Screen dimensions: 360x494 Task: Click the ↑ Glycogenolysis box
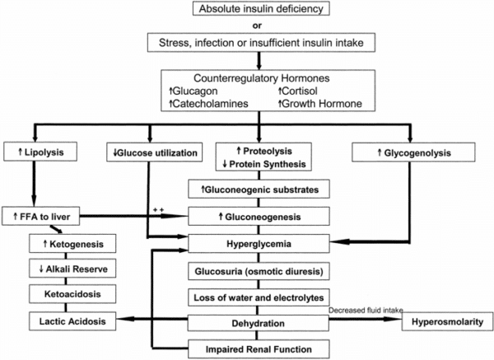407,152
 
